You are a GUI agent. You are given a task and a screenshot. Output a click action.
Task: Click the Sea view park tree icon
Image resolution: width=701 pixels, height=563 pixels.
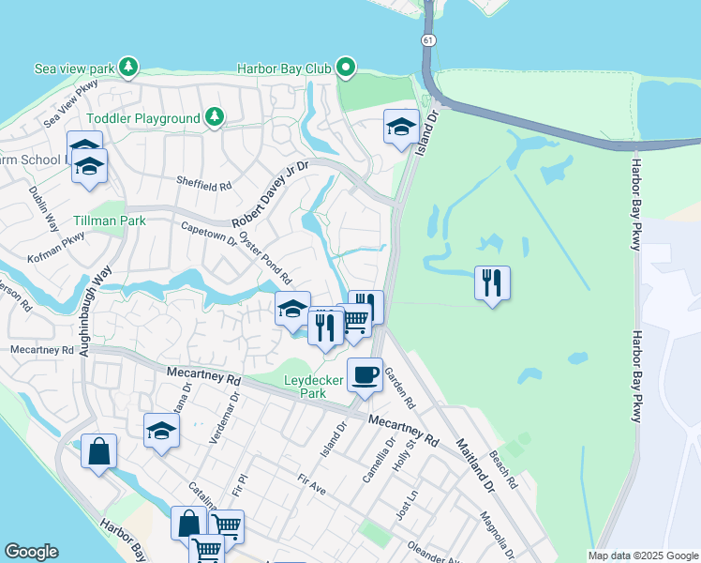coord(128,68)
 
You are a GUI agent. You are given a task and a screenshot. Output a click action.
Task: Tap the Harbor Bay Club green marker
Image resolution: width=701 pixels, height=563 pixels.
coord(346,68)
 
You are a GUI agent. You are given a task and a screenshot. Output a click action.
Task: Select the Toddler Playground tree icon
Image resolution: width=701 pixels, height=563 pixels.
coord(216,117)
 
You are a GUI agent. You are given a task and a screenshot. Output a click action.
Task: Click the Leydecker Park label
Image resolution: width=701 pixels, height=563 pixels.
coord(314,387)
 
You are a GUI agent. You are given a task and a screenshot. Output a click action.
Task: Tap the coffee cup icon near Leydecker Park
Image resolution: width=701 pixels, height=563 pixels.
coord(365,375)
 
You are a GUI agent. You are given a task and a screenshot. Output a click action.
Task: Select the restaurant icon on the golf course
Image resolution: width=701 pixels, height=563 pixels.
coord(492,281)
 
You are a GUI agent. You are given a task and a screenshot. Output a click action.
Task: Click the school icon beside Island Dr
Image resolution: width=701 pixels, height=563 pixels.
coord(401,127)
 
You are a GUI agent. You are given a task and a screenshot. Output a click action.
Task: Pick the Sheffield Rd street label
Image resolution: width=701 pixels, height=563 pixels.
coord(203,186)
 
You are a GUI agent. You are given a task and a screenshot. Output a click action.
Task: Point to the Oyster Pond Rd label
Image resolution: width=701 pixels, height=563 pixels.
coord(265,258)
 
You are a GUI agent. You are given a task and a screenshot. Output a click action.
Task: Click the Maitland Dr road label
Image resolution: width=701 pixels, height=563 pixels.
coord(475,465)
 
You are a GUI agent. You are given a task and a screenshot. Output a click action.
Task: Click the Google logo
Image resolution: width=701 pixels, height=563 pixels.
coord(32,552)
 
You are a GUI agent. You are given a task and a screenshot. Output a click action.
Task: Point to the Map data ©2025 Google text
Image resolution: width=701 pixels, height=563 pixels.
coord(642,555)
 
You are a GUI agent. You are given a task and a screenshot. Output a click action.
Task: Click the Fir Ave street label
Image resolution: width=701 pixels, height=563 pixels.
coord(310,484)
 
